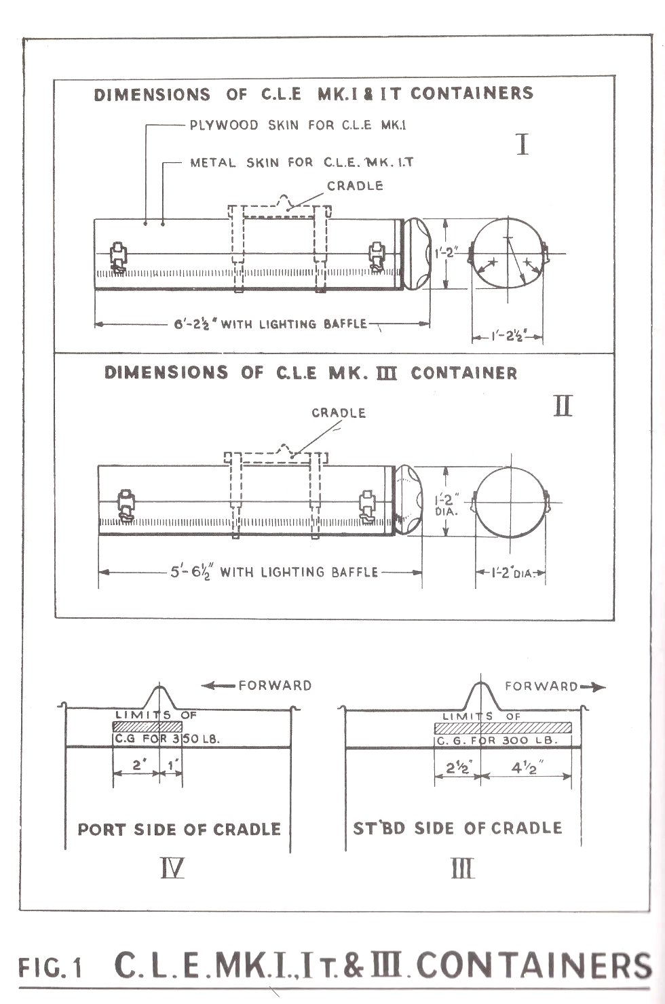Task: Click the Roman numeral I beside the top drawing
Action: tap(522, 144)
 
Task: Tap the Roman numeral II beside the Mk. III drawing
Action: tap(563, 406)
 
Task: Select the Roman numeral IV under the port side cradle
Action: tap(172, 868)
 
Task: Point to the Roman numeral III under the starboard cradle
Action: tap(462, 868)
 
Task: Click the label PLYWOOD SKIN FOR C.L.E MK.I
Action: tap(298, 125)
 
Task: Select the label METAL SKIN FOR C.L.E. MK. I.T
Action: tap(301, 162)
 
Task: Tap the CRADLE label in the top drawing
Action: tap(355, 186)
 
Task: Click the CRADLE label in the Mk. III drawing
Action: tap(339, 413)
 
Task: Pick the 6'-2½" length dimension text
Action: tap(195, 324)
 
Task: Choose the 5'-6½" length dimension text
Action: tap(191, 573)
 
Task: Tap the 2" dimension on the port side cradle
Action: tap(137, 765)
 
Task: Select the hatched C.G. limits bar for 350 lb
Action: tap(147, 726)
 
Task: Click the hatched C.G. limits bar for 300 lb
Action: tap(503, 727)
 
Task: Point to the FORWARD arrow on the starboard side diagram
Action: tap(592, 687)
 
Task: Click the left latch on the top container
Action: tap(118, 257)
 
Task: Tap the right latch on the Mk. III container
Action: tap(367, 507)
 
